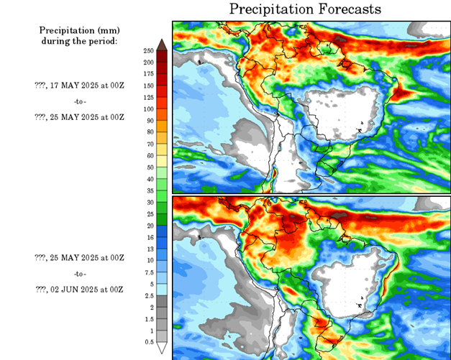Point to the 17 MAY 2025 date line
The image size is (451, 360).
(x=79, y=85)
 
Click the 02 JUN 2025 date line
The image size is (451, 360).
(x=79, y=289)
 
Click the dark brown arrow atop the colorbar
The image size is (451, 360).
(x=163, y=45)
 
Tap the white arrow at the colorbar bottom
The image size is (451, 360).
(x=163, y=349)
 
